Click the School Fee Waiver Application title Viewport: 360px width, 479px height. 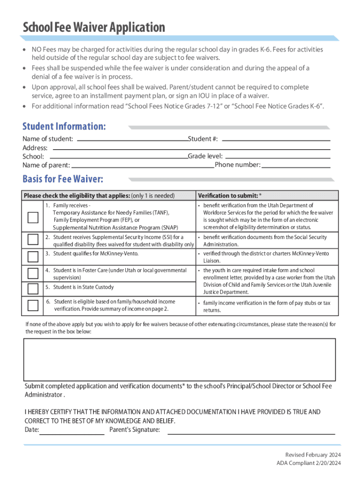94,28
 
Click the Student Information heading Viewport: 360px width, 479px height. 64,126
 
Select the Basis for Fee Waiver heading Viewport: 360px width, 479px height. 63,179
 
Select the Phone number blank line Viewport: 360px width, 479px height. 296,165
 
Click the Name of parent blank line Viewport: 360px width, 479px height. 143,165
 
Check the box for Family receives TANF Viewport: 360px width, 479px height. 33,218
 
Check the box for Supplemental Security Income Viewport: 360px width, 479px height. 33,240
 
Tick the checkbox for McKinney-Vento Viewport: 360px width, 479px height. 33,256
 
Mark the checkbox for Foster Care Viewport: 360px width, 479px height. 33,273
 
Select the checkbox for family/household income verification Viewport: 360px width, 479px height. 33,305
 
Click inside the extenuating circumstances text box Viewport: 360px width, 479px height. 180,359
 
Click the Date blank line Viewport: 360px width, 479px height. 72,431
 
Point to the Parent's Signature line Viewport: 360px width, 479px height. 251,431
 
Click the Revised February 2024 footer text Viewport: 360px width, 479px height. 313,455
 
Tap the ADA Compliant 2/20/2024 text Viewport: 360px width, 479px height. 309,464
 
